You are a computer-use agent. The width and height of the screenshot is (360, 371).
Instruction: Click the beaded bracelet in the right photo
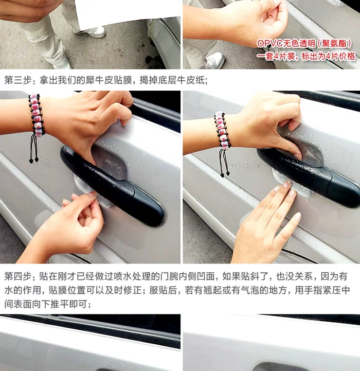[222, 130]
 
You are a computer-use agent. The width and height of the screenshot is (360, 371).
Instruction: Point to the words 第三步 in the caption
[18, 80]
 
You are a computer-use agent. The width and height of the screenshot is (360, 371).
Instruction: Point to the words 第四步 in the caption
[18, 276]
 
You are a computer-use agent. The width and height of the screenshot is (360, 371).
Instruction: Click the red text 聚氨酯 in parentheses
[334, 43]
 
